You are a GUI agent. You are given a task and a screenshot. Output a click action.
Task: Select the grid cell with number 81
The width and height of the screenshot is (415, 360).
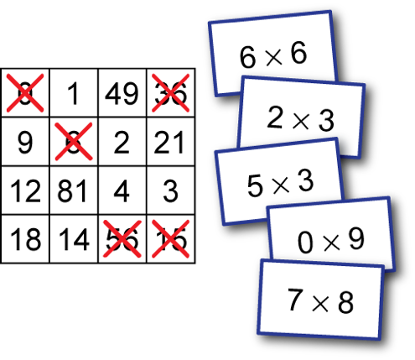point(74,190)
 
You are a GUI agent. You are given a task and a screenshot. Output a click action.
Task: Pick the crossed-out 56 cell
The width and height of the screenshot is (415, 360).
point(122,239)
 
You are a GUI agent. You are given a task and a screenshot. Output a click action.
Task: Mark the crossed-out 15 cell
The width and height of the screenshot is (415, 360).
point(171,239)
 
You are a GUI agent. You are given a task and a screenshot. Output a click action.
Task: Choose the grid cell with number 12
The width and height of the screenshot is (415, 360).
point(25,190)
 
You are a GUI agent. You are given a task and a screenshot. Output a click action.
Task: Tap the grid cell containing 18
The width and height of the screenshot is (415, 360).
point(25,239)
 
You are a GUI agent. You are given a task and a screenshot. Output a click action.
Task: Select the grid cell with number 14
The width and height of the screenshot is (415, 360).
point(74,239)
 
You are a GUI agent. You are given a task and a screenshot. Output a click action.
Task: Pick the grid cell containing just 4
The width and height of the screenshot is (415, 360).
point(122,190)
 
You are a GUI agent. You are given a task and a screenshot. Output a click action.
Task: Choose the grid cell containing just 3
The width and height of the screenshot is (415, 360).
point(171,190)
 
